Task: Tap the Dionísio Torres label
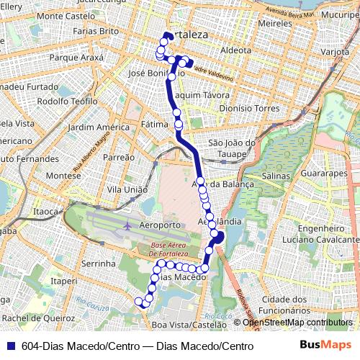click(x=248, y=109)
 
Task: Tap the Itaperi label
click(x=64, y=281)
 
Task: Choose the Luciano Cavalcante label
click(x=315, y=238)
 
